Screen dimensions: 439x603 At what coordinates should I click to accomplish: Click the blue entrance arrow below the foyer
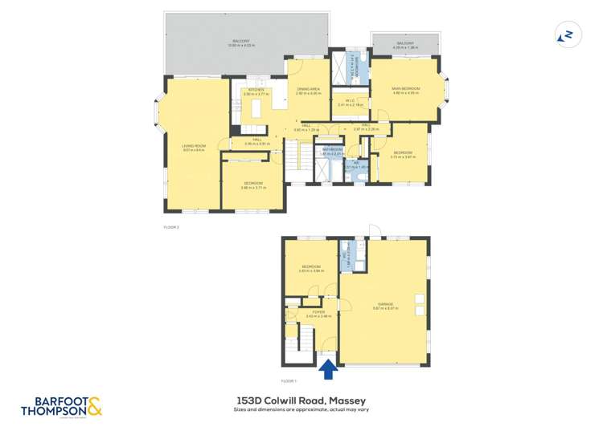tap(327, 370)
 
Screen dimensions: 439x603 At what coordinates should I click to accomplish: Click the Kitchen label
tap(256, 91)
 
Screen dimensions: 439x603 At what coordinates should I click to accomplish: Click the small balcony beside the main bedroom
tap(405, 46)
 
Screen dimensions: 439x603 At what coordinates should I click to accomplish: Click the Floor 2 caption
tap(171, 227)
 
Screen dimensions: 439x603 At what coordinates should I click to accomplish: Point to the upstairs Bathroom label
tap(333, 150)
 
